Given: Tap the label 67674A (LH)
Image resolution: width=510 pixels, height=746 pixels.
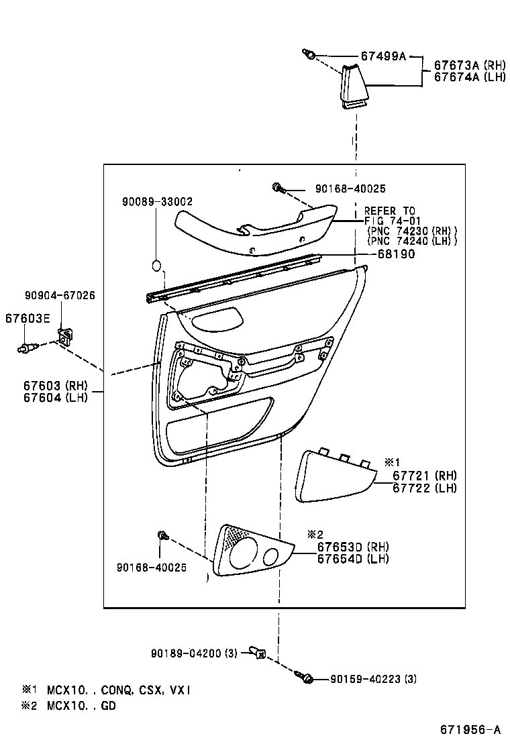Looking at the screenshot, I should [x=467, y=77].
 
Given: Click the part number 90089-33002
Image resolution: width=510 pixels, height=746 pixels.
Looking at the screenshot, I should [x=158, y=201].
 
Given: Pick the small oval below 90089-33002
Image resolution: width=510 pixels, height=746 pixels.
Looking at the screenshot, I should [x=156, y=265].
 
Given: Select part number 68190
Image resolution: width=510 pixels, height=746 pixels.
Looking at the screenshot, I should [x=395, y=254].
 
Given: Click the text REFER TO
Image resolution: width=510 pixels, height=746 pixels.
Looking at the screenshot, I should [x=390, y=211].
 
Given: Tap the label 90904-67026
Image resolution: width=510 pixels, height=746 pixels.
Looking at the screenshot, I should [x=60, y=295].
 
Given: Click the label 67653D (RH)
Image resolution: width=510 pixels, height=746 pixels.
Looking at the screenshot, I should [x=353, y=547].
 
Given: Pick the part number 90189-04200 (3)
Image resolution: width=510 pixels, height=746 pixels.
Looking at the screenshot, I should [x=195, y=653].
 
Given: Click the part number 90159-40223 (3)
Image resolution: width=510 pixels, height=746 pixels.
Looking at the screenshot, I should [x=373, y=679].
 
